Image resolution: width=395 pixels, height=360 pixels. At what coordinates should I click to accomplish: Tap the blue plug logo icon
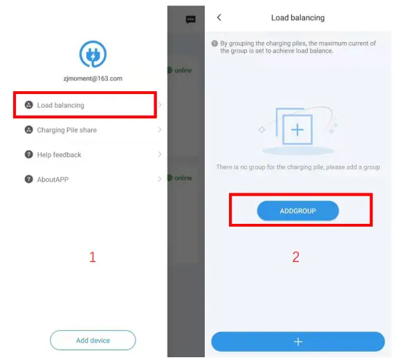coord(93,55)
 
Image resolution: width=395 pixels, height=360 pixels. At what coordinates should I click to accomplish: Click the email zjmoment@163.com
coord(93,79)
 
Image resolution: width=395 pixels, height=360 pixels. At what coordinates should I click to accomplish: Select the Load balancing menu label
coord(60,105)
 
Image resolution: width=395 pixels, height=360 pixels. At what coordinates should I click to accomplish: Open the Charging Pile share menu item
coord(66,130)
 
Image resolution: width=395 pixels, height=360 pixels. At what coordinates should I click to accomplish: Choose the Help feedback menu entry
coord(59,155)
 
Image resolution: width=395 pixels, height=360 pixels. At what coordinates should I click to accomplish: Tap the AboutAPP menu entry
coord(53,180)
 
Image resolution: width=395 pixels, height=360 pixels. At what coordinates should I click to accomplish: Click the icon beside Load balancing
coord(29,105)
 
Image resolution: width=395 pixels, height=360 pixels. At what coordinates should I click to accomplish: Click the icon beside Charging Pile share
coord(29,130)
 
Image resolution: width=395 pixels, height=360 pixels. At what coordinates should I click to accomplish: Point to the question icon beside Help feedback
coord(29,155)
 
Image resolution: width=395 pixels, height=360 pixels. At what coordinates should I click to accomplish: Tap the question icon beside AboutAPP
coord(29,180)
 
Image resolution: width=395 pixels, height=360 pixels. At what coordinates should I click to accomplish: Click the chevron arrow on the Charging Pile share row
coord(159,130)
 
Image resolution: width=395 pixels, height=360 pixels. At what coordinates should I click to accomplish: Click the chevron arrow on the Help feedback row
coord(159,155)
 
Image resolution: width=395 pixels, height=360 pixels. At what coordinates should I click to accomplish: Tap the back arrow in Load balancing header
coord(219,17)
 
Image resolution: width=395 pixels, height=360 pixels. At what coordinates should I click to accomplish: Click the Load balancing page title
coord(297,17)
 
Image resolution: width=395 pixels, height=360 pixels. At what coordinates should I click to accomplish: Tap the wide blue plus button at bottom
coord(297,341)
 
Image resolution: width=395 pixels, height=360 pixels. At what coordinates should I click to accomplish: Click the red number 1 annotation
coord(92,257)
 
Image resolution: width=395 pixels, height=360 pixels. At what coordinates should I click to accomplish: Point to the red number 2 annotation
coord(295,257)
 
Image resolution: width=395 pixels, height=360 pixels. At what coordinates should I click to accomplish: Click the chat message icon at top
coord(191,19)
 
